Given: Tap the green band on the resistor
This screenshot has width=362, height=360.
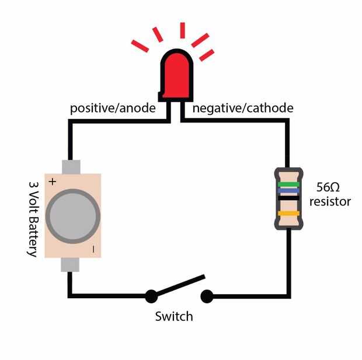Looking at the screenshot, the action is point(288,184).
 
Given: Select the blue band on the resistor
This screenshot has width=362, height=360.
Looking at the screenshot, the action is point(288,191).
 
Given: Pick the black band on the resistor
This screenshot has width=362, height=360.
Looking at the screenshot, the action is point(288,198).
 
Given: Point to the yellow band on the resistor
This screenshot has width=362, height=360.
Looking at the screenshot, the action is point(288,213).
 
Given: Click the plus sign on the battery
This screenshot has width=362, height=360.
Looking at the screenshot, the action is point(53,182).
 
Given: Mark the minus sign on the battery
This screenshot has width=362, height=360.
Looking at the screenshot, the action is point(93,249).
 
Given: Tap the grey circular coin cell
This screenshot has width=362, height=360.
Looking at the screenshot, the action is point(73,216).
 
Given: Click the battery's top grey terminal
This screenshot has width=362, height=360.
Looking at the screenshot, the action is point(71,167).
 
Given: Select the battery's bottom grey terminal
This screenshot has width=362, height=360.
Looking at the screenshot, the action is point(70,264).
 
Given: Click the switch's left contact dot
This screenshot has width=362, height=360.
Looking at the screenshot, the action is point(151,296).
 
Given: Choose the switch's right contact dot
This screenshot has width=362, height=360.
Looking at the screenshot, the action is point(207,296).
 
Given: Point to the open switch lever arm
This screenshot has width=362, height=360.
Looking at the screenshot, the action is point(180,285).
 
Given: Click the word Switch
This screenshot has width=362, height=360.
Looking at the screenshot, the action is point(174,316).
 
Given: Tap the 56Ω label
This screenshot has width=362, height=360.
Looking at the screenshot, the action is point(328,187).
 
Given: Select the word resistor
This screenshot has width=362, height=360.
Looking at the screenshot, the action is point(330,201).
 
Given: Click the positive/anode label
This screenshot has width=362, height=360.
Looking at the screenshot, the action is point(113,109).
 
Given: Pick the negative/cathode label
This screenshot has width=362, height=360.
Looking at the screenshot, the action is point(243,109).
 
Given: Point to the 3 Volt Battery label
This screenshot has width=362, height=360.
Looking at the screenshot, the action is point(34,219).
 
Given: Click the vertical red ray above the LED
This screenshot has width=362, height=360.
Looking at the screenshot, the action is point(182,30).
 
